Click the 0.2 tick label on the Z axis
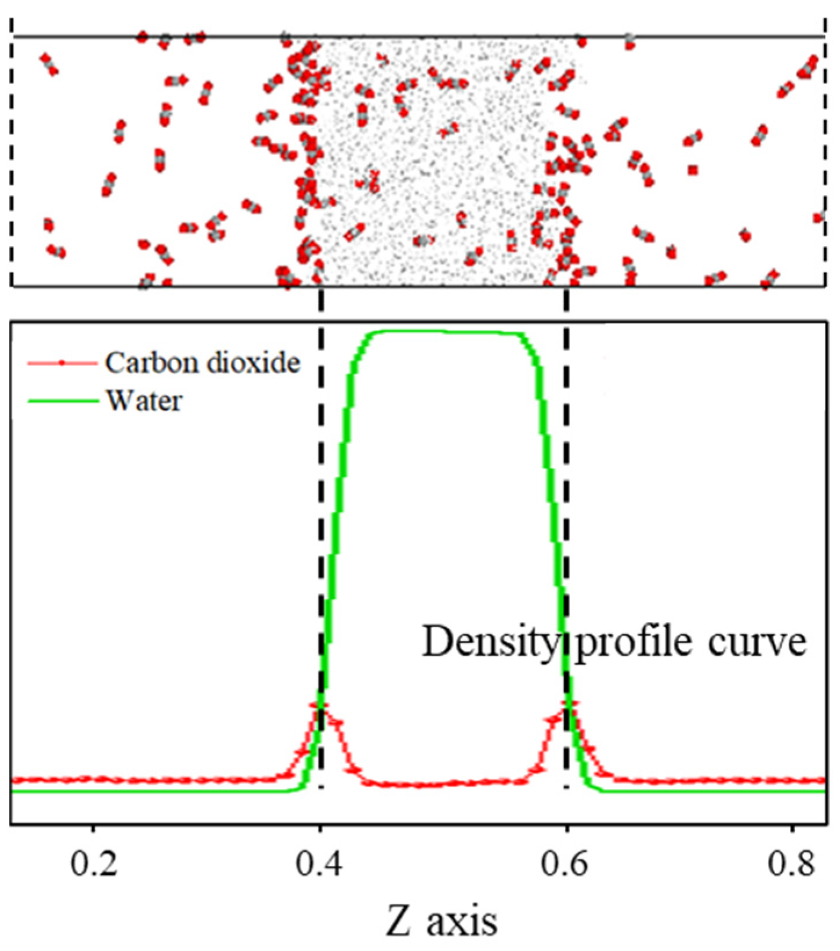pos(94,863)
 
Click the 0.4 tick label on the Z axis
pos(319,863)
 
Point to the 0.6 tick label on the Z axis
pos(565,863)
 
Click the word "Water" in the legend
pos(144,401)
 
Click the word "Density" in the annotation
pos(489,643)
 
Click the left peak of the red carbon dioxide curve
pos(319,705)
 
